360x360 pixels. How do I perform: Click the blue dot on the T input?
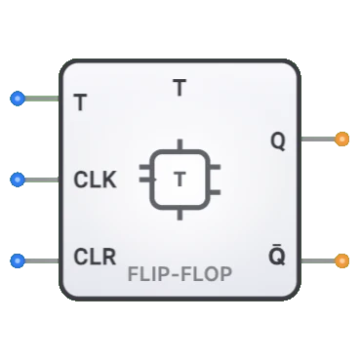17,99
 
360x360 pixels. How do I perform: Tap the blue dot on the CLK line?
17,180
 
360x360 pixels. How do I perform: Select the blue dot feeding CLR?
17,260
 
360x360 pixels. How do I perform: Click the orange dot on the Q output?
341,140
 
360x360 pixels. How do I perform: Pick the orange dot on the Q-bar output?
341,260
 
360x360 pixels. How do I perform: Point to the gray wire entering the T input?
41,99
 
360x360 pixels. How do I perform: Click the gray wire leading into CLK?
41,180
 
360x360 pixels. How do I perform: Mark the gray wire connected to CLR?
41,260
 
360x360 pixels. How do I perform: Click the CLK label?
95,180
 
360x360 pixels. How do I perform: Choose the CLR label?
95,259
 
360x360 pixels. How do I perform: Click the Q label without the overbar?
278,141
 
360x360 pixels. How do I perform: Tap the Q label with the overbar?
278,259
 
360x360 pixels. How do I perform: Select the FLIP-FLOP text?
180,274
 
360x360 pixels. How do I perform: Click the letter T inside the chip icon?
180,180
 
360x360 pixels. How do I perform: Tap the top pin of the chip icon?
180,143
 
